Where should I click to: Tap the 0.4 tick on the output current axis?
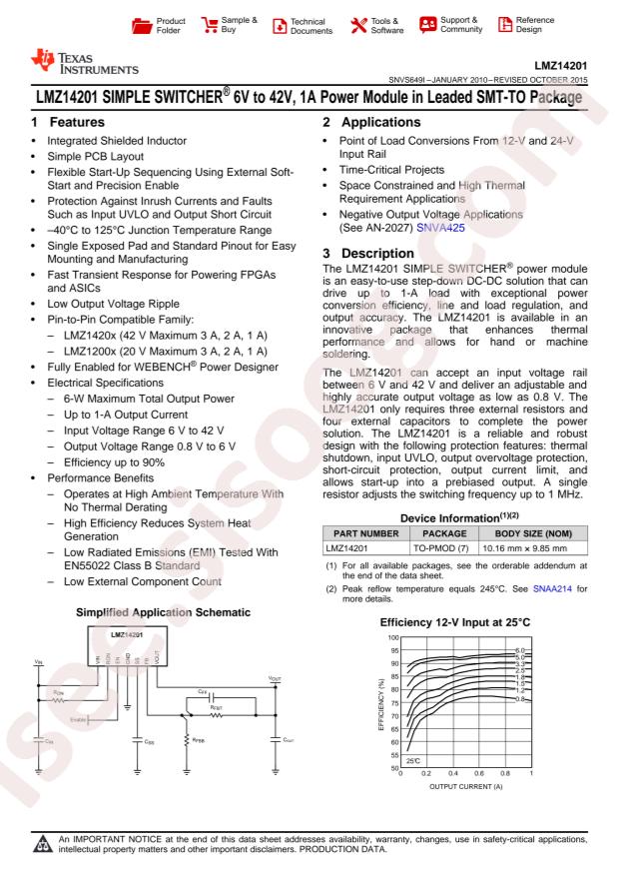click(x=452, y=773)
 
